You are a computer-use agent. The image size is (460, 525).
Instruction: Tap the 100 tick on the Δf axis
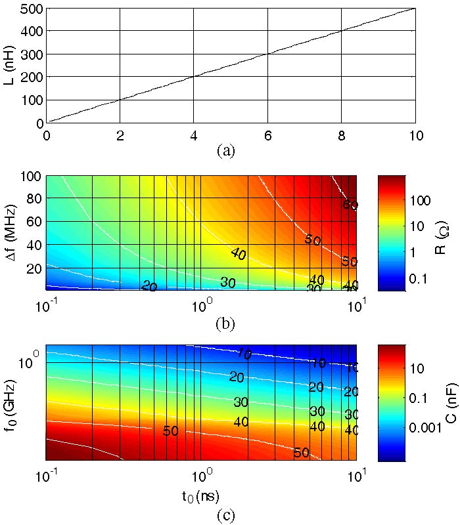coord(30,177)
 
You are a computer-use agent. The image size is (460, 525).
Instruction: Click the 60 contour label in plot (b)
coord(350,205)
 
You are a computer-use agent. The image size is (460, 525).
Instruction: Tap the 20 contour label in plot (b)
coord(149,287)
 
